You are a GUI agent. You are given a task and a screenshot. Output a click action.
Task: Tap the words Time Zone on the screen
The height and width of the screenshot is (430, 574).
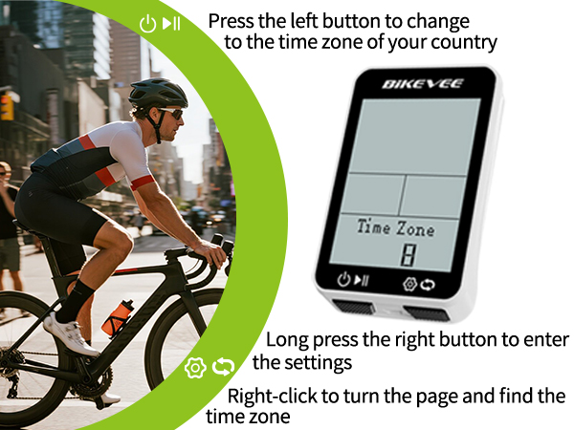tap(395, 228)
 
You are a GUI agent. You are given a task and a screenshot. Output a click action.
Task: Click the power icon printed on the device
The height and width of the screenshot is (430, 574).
tap(344, 280)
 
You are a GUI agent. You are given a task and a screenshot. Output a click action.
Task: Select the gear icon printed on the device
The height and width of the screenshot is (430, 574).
tap(409, 283)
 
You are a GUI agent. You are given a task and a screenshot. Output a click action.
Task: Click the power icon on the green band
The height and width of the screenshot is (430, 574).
tap(146, 24)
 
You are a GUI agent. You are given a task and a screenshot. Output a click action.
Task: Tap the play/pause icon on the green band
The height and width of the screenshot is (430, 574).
tap(171, 24)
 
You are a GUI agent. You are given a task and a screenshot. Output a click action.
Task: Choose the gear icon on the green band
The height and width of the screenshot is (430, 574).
tap(196, 367)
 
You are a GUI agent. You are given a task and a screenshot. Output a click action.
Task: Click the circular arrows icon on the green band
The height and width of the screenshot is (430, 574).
tap(223, 367)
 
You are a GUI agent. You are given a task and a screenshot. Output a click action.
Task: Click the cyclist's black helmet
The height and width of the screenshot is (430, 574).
tap(158, 93)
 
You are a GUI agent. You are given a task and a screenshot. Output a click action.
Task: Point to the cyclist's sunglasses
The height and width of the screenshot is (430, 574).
tap(170, 113)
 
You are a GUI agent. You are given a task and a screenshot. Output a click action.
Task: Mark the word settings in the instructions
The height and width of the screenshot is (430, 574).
tap(318, 362)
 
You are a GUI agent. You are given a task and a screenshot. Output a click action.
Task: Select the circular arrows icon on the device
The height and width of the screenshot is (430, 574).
tap(428, 284)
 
